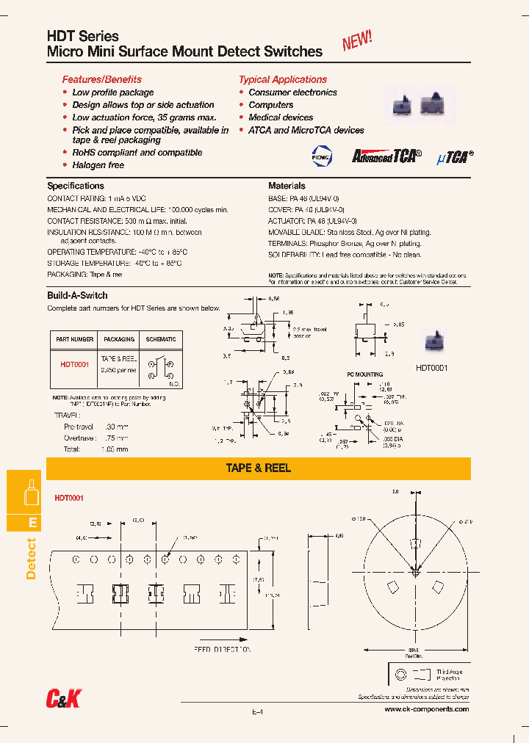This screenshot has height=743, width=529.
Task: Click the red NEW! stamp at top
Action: coord(357,41)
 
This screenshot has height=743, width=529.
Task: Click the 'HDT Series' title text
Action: coord(82,36)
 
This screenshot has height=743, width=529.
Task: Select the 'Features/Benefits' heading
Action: coord(101,79)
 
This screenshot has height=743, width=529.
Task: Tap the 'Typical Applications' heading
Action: coord(282,79)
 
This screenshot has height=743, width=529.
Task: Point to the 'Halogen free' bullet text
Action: coord(98,165)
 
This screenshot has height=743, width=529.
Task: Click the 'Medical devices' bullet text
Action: coord(281,117)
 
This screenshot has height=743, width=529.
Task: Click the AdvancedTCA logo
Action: coord(386,156)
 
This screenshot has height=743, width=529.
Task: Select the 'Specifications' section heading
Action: coord(76,186)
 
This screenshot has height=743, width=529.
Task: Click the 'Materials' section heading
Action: coord(287,186)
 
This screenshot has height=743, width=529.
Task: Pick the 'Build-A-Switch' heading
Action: coord(77,296)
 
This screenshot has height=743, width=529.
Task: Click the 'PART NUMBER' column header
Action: coord(74,339)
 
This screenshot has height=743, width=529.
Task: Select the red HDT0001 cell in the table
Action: coord(74,364)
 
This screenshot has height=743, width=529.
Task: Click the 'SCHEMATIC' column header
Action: coord(161,339)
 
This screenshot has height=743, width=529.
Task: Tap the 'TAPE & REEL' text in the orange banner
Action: coord(258,468)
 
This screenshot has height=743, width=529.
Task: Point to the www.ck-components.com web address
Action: coord(426,709)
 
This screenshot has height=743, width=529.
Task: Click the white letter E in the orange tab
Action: coord(32,523)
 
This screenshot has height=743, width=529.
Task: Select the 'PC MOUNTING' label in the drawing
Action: coord(364,374)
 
